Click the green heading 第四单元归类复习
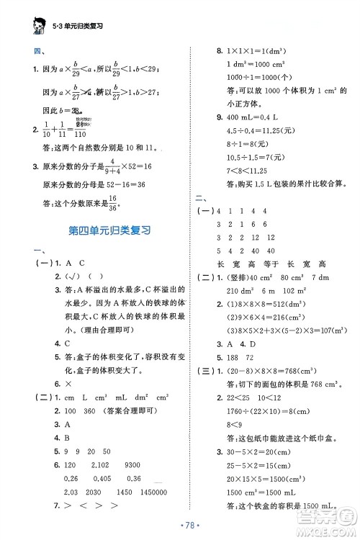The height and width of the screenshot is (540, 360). coord(107,231)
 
